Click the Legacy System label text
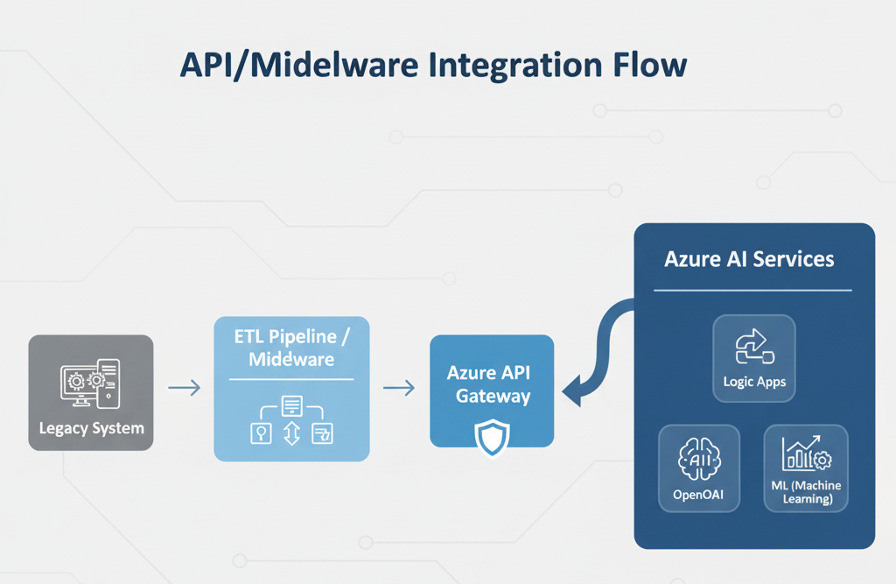click(91, 429)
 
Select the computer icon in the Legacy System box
click(90, 383)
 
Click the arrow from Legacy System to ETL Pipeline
click(184, 387)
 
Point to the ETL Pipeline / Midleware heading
click(291, 348)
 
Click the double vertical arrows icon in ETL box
click(292, 433)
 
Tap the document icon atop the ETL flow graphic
click(292, 405)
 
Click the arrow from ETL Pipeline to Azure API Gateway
click(399, 387)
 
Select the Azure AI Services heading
click(749, 260)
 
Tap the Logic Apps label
click(754, 382)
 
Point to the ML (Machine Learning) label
click(806, 492)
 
